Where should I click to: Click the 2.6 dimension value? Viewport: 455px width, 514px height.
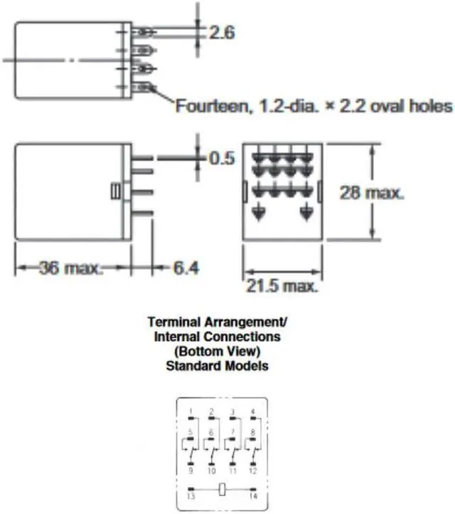(222, 33)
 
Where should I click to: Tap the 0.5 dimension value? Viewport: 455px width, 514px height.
(222, 158)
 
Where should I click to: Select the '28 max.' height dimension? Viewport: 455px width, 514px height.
(372, 193)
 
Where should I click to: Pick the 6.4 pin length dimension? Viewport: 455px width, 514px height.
(186, 268)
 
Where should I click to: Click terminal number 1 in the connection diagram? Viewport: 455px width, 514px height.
(191, 411)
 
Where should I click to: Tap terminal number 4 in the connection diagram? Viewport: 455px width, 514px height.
(252, 411)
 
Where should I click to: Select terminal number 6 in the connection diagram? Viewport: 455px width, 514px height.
(211, 432)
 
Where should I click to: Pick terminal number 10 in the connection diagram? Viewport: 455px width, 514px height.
(211, 471)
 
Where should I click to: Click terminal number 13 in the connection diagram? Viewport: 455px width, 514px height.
(190, 496)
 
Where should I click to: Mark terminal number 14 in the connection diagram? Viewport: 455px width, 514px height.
(252, 496)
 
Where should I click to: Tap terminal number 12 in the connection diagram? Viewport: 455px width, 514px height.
(252, 471)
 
